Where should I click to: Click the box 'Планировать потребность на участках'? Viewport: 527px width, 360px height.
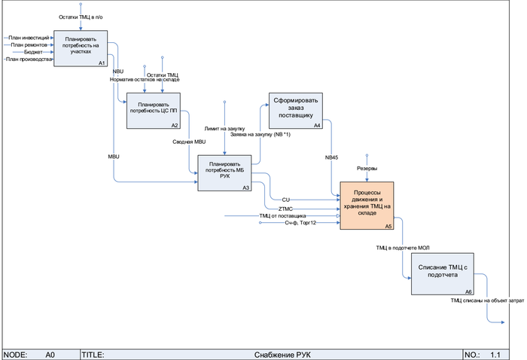[x=81, y=47]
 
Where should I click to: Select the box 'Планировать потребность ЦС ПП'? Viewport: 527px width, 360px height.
[x=154, y=110]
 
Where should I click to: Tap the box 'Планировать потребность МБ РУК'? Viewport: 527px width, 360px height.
[x=225, y=172]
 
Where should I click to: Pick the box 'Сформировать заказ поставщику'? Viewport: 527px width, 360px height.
[x=297, y=110]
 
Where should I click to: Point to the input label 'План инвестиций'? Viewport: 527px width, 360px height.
[x=29, y=37]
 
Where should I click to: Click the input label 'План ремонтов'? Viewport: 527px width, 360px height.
[x=30, y=44]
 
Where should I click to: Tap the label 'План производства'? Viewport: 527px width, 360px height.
[x=29, y=59]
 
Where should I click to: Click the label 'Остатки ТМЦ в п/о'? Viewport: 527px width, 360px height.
[x=82, y=16]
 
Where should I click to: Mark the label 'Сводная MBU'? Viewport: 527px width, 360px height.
[x=189, y=142]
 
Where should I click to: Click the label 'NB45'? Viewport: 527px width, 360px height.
[x=331, y=157]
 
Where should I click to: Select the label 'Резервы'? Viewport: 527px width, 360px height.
[x=367, y=168]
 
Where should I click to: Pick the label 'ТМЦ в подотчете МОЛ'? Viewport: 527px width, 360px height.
[x=404, y=247]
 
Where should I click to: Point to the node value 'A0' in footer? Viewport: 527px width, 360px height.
[x=50, y=353]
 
